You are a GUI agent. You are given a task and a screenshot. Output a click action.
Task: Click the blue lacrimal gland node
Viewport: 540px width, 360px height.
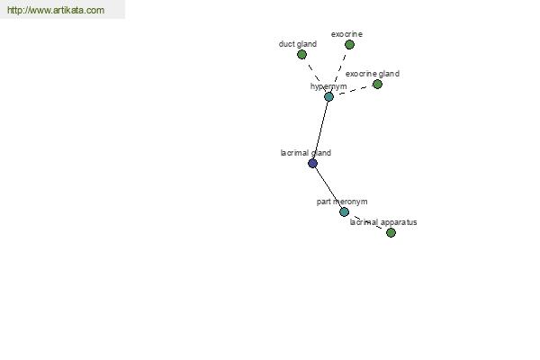pyautogui.click(x=312, y=163)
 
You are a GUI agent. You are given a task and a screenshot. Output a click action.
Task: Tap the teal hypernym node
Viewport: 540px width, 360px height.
pyautogui.click(x=328, y=97)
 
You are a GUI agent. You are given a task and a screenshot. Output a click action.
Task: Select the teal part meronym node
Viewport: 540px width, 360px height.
pyautogui.click(x=344, y=211)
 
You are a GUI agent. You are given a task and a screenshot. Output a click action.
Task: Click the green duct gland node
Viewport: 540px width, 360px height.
pyautogui.click(x=301, y=54)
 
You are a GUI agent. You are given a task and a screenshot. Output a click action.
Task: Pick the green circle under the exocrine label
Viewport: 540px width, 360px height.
pyautogui.click(x=349, y=44)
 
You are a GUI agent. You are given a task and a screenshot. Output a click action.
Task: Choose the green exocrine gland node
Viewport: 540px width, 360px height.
pyautogui.click(x=377, y=84)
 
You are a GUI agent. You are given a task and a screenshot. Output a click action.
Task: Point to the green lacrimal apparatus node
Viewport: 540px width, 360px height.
pyautogui.click(x=391, y=232)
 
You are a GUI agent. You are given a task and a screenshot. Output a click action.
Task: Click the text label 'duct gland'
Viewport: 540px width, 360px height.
pyautogui.click(x=298, y=44)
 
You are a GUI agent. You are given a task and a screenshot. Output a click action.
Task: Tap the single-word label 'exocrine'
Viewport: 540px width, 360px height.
pyautogui.click(x=346, y=34)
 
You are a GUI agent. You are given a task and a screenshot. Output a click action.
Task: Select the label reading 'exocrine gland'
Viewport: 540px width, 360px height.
pyautogui.click(x=373, y=74)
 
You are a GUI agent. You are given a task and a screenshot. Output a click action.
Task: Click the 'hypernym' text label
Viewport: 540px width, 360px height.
pyautogui.click(x=328, y=86)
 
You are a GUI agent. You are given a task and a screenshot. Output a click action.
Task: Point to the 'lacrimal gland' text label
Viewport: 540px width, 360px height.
pyautogui.click(x=306, y=153)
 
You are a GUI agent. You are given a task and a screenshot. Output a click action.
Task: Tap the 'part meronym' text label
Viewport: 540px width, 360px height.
pyautogui.click(x=342, y=202)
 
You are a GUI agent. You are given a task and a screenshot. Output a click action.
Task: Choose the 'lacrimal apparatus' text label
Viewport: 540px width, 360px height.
pyautogui.click(x=383, y=222)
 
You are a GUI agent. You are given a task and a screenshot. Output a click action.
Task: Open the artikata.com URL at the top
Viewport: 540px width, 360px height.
pyautogui.click(x=56, y=10)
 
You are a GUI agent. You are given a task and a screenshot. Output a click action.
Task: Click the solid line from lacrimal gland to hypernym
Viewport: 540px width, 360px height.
pyautogui.click(x=320, y=130)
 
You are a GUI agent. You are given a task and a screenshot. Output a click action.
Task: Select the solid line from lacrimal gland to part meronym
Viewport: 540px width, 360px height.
pyautogui.click(x=328, y=188)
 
